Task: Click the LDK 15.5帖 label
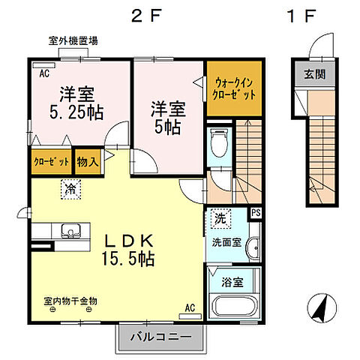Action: click(x=128, y=250)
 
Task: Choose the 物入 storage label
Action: click(x=88, y=160)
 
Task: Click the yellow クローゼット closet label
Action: click(x=51, y=160)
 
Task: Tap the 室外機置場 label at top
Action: click(x=73, y=41)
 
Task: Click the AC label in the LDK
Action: click(x=190, y=307)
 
